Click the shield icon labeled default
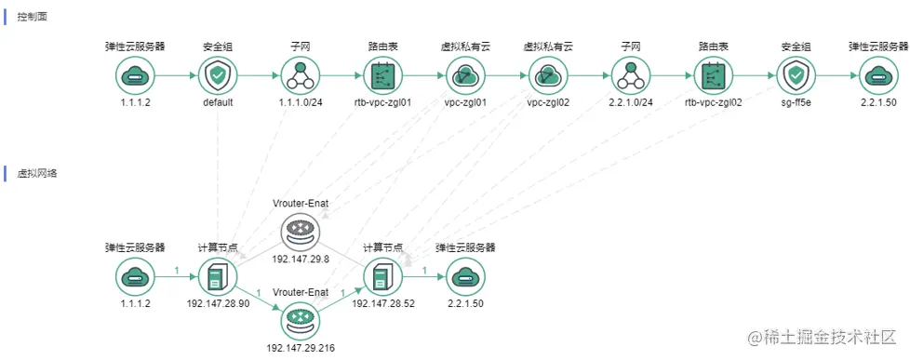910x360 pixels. (218, 75)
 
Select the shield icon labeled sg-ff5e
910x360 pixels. (796, 75)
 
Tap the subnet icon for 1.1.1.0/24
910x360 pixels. (301, 75)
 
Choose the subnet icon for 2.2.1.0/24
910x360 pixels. (631, 75)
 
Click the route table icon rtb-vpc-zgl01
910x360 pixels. (382, 75)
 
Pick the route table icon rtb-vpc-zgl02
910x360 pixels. (713, 75)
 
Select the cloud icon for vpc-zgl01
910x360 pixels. (465, 75)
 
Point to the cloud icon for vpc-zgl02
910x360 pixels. (548, 75)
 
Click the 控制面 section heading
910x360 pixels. (33, 18)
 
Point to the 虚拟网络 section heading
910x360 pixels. (37, 174)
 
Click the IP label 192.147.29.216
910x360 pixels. (301, 348)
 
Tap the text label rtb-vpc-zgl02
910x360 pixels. (713, 103)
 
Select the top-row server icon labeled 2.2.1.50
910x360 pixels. (877, 75)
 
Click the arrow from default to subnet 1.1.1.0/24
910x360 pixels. (259, 75)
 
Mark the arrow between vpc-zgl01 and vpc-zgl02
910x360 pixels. (506, 75)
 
